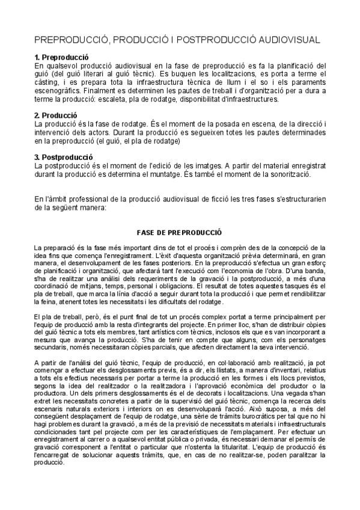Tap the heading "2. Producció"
coord(56,115)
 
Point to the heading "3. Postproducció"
coord(63,157)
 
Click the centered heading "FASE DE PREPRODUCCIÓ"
coord(180,232)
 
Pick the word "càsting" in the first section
coord(48,82)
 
